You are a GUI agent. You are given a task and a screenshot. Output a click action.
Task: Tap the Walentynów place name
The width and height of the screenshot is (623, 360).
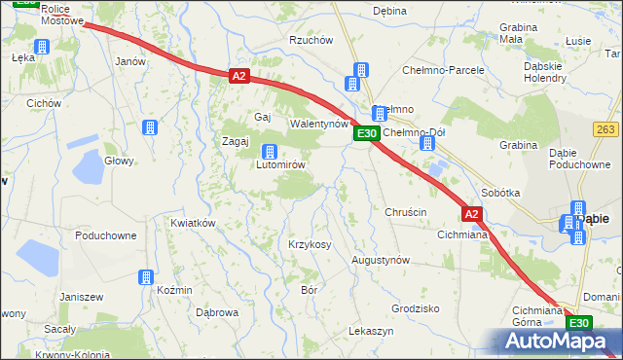pyautogui.click(x=319, y=125)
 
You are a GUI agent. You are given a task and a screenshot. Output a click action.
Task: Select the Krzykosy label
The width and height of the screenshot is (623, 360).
pyautogui.click(x=310, y=244)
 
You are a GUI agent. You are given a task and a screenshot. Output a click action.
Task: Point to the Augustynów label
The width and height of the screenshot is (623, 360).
pyautogui.click(x=381, y=261)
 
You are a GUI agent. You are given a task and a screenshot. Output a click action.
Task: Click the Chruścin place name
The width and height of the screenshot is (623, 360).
pyautogui.click(x=406, y=212)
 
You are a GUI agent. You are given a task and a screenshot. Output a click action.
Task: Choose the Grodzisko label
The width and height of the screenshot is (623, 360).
pyautogui.click(x=416, y=307)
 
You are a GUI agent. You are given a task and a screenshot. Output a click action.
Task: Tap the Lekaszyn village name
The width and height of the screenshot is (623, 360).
pyautogui.click(x=371, y=332)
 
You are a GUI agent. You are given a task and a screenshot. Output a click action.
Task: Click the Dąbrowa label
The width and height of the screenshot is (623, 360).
pyautogui.click(x=217, y=312)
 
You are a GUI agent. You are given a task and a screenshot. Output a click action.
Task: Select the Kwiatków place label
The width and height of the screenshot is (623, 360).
pyautogui.click(x=192, y=223)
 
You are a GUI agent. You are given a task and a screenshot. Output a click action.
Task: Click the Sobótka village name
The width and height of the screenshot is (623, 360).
pyautogui.click(x=500, y=193)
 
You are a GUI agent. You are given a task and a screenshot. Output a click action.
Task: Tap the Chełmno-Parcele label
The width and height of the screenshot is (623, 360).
pyautogui.click(x=444, y=71)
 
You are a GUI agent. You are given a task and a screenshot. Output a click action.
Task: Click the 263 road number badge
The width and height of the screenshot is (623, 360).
pyautogui.click(x=605, y=128)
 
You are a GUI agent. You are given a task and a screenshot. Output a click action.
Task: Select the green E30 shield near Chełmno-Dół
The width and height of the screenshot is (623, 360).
pyautogui.click(x=365, y=133)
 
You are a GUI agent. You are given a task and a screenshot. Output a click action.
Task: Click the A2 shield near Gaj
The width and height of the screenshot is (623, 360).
pyautogui.click(x=239, y=75)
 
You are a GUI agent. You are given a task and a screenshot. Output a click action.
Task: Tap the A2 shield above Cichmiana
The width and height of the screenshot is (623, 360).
pyautogui.click(x=471, y=214)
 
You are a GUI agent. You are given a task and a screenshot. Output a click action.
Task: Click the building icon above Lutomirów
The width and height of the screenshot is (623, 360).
pyautogui.click(x=270, y=151)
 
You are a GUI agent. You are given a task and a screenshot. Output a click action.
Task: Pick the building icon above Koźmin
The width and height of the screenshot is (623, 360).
pyautogui.click(x=146, y=277)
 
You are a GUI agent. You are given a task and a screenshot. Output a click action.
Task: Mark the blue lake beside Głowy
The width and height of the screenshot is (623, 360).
pyautogui.click(x=89, y=168)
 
